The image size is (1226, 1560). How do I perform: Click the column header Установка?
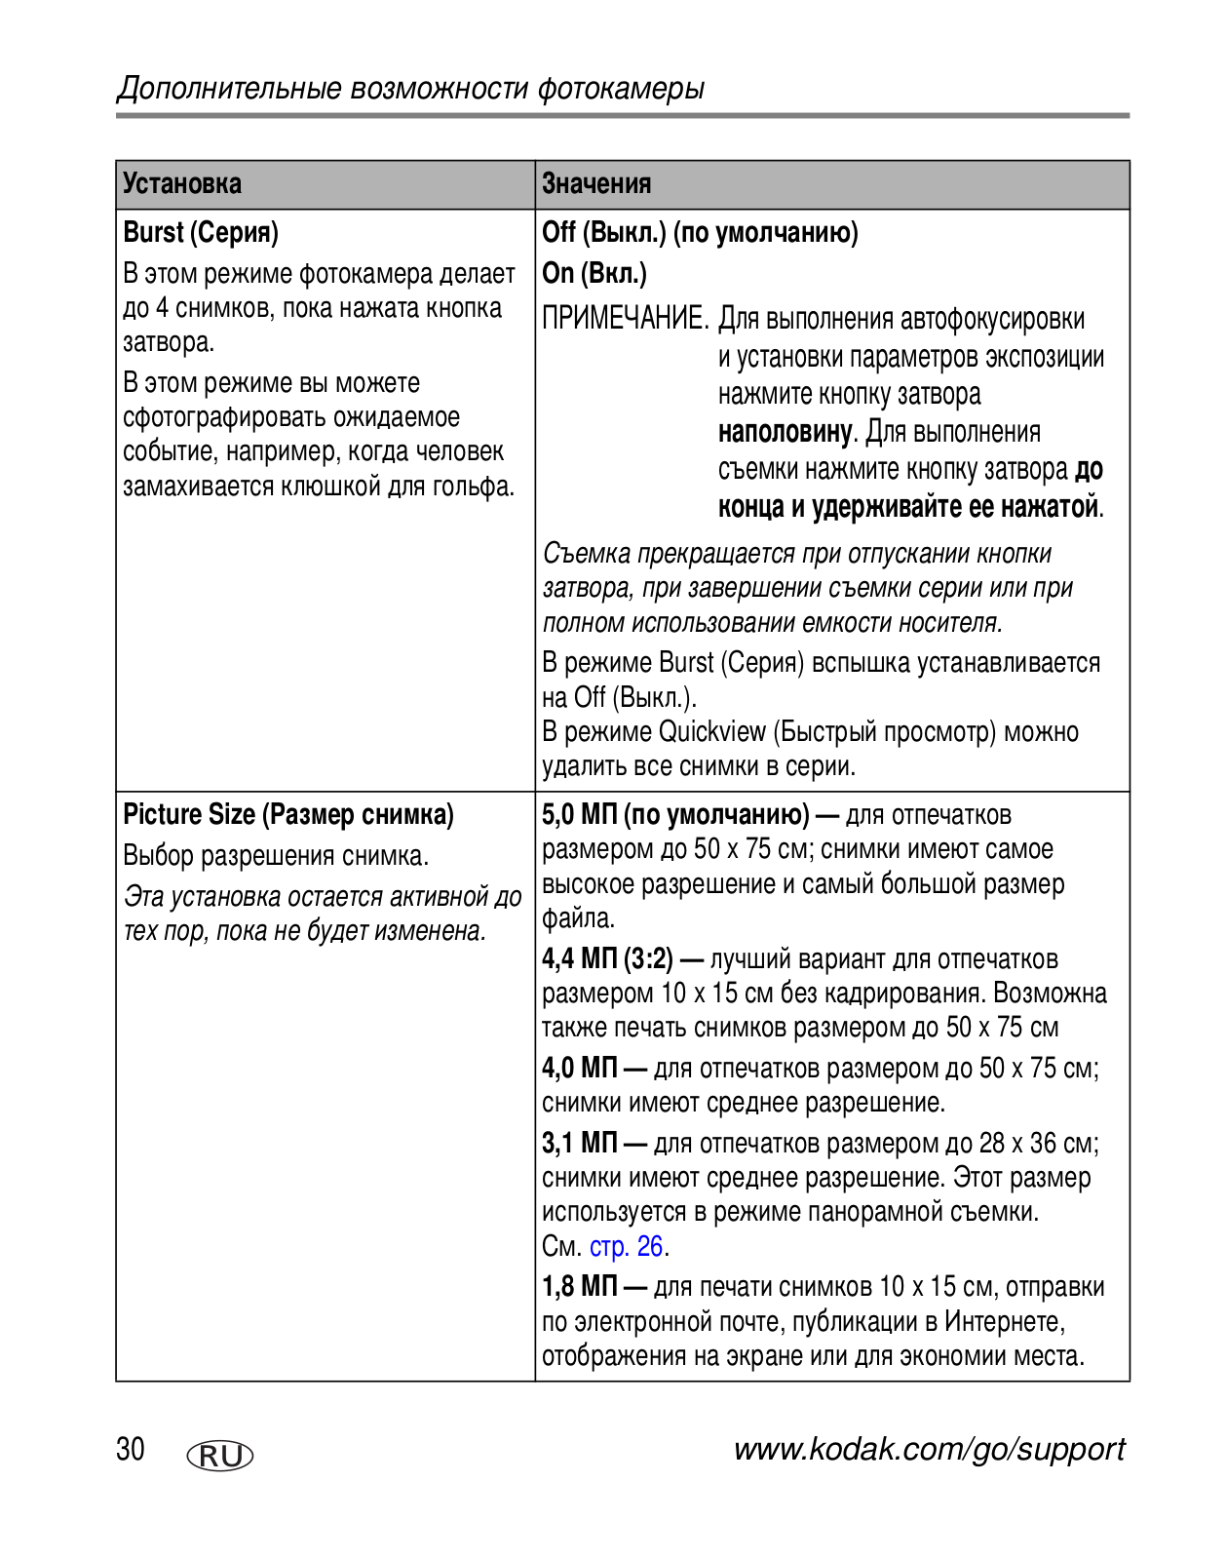click(182, 183)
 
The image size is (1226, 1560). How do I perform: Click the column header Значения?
click(596, 183)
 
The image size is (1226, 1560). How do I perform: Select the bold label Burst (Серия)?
click(201, 232)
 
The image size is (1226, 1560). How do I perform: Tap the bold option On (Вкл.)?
click(594, 273)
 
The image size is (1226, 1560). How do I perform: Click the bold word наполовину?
click(785, 432)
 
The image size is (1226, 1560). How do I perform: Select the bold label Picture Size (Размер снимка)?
click(288, 814)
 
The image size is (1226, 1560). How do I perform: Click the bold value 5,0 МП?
click(579, 814)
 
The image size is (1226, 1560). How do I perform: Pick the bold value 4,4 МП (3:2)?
click(607, 959)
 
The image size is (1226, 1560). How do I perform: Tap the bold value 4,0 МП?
click(580, 1068)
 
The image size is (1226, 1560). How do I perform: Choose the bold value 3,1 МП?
click(580, 1143)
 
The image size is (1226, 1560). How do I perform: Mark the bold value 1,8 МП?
click(580, 1286)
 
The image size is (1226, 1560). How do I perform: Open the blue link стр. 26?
click(628, 1246)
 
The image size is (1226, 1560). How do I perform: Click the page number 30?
click(131, 1449)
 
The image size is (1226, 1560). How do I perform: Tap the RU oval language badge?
click(219, 1456)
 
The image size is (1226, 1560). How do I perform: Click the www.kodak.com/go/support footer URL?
click(929, 1449)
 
